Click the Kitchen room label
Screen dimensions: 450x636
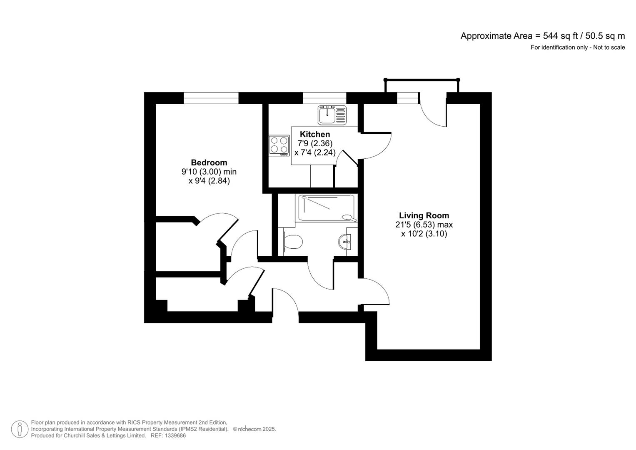(315, 134)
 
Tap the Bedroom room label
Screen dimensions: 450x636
(209, 162)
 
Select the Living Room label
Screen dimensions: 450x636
(424, 215)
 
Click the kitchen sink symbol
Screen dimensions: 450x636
(332, 115)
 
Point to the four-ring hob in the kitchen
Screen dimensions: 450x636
(279, 145)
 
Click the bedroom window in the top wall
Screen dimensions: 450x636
(211, 98)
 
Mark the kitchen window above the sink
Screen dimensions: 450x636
(324, 98)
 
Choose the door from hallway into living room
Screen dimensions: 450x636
(375, 292)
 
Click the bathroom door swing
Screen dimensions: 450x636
(320, 275)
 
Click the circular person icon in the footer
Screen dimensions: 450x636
(20, 429)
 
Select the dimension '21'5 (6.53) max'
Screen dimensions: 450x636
(424, 225)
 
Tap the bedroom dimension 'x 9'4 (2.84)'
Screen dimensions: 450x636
(209, 181)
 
